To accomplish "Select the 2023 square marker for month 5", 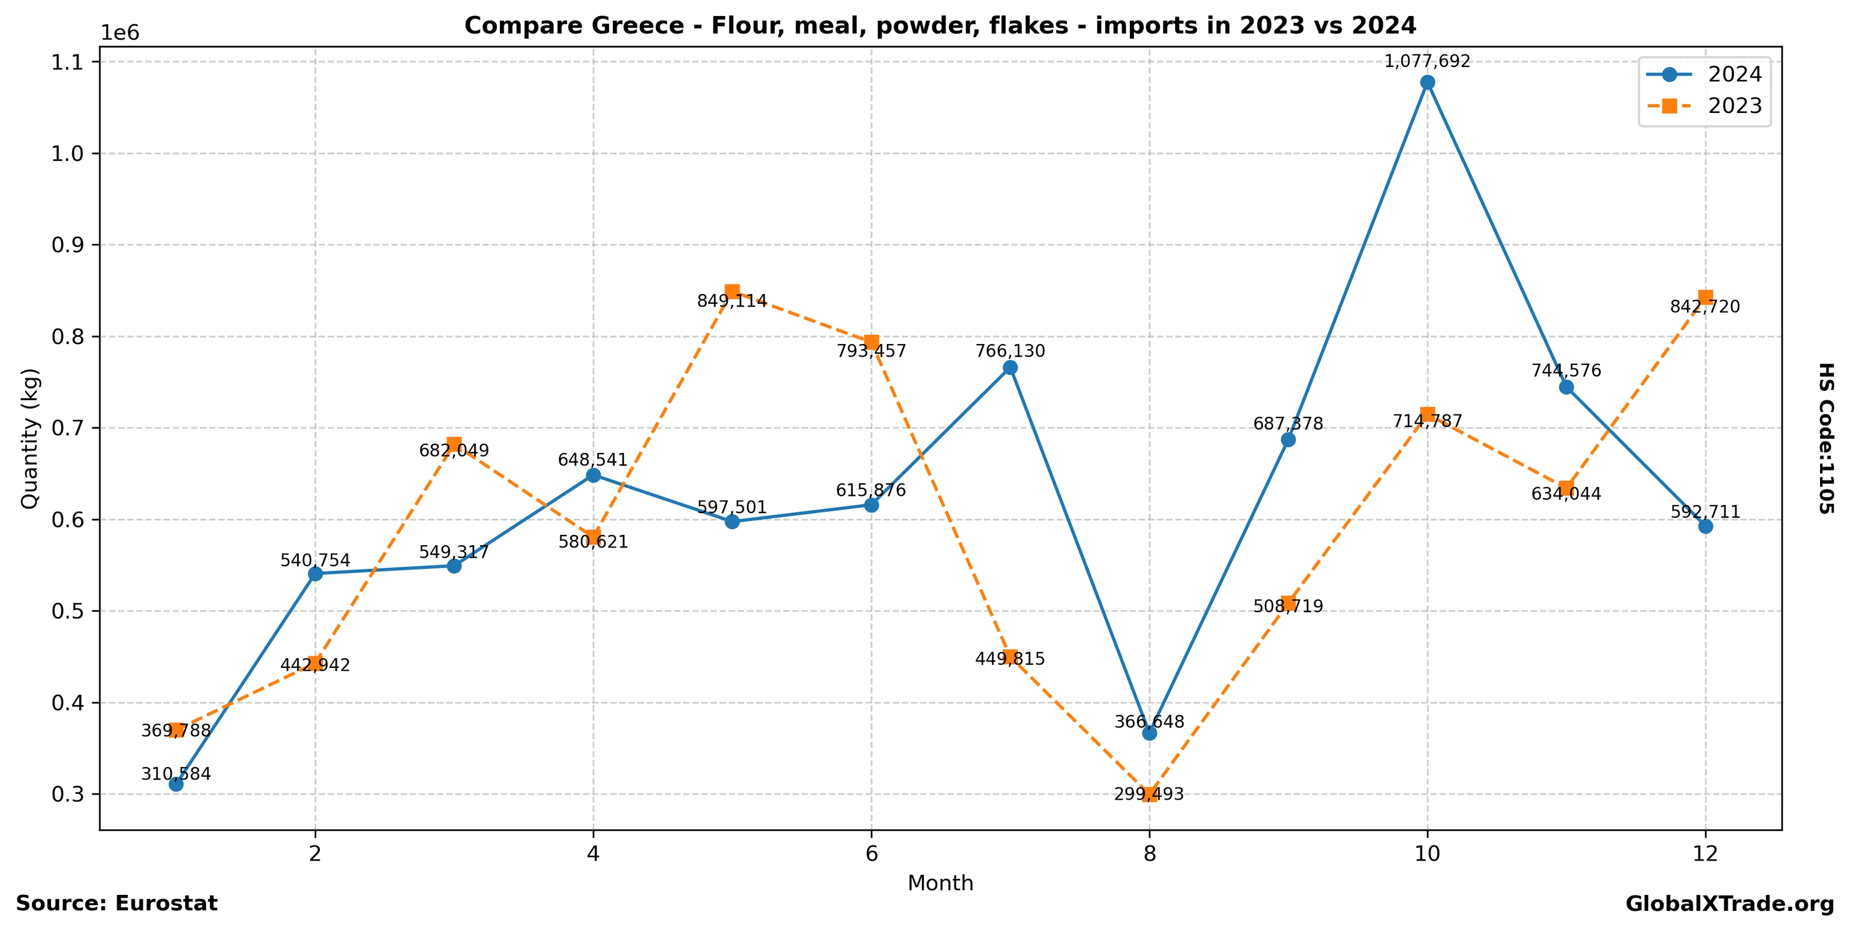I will pyautogui.click(x=732, y=292).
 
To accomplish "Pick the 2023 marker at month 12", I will pyautogui.click(x=1705, y=298).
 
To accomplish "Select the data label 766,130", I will pyautogui.click(x=1009, y=351).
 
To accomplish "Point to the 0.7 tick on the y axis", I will pyautogui.click(x=68, y=428).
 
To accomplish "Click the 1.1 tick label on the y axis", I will pyautogui.click(x=68, y=62).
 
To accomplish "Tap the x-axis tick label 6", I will pyautogui.click(x=871, y=854).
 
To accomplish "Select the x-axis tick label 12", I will pyautogui.click(x=1705, y=854).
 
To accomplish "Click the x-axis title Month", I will pyautogui.click(x=940, y=883).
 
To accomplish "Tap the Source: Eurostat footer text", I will pyautogui.click(x=116, y=903).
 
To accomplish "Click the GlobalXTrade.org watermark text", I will pyautogui.click(x=1729, y=905).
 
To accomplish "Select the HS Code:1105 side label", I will pyautogui.click(x=1826, y=438).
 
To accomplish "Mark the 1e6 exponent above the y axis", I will pyautogui.click(x=119, y=33).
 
